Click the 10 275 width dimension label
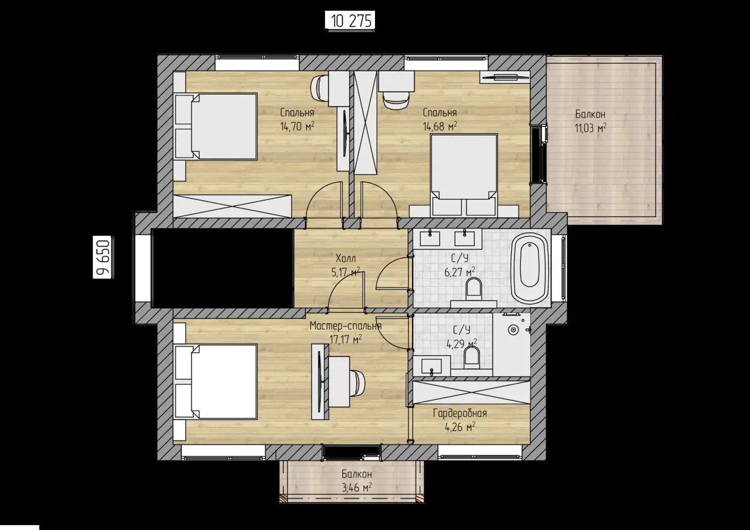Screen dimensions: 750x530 (351, 21)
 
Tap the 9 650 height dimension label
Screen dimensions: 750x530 (103, 257)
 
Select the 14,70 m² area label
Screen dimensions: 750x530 (297, 126)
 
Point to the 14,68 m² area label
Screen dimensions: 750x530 (440, 126)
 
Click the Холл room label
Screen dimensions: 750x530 (346, 258)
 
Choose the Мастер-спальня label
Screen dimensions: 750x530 (346, 326)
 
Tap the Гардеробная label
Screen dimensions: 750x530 (460, 413)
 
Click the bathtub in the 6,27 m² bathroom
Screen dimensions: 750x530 (530, 268)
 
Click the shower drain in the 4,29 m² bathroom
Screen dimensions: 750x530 (513, 330)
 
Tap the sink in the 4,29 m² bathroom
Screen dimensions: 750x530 (432, 366)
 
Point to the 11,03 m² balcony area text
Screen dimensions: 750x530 (590, 128)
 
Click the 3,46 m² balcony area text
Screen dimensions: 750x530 (357, 488)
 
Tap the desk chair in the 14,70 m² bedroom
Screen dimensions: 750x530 (320, 88)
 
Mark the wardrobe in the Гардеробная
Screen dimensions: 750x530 (471, 392)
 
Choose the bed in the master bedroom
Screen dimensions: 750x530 (216, 382)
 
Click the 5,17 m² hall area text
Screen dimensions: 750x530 (346, 272)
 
